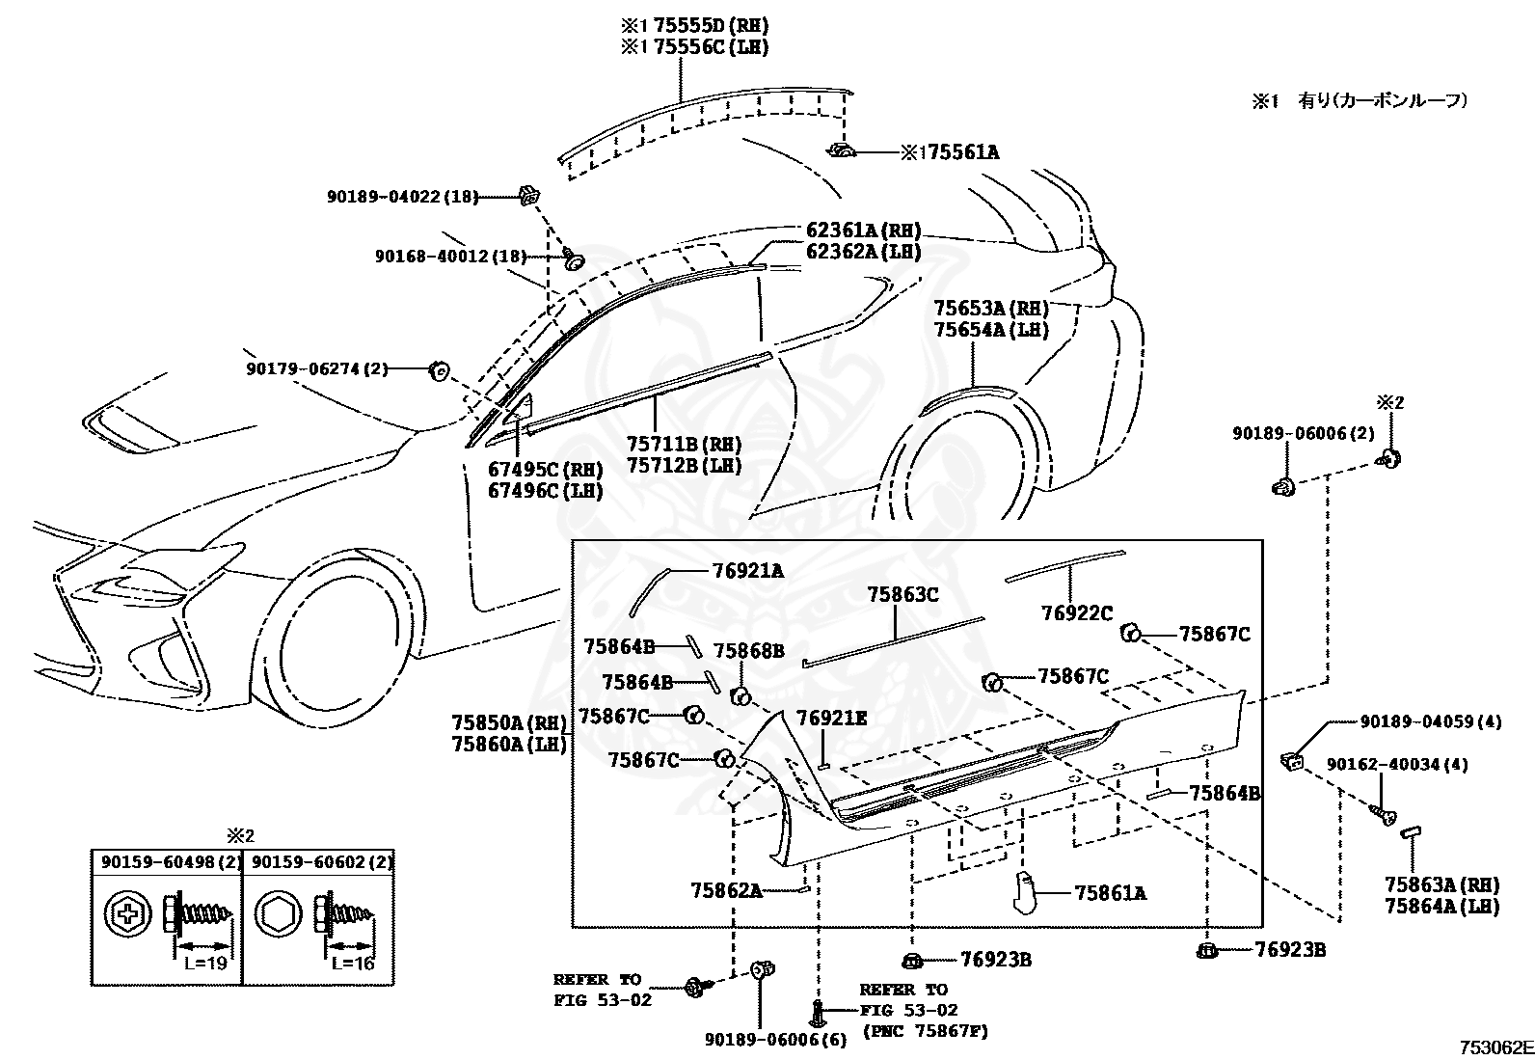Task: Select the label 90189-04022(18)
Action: pyautogui.click(x=402, y=197)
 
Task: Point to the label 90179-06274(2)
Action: pyautogui.click(x=316, y=368)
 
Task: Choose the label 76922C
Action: pyautogui.click(x=1077, y=612)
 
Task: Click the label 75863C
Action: pyautogui.click(x=902, y=595)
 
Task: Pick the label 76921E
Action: pyautogui.click(x=831, y=718)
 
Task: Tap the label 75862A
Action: pyautogui.click(x=726, y=890)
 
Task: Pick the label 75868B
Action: pyautogui.click(x=749, y=651)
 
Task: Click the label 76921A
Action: pyautogui.click(x=748, y=571)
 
